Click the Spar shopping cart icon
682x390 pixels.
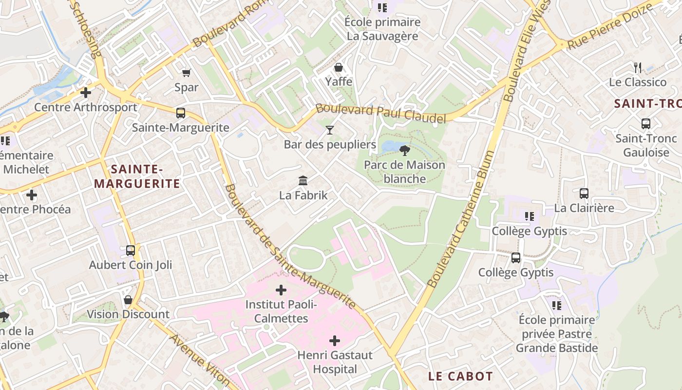point(186,73)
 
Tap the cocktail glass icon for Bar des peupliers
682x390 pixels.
point(330,130)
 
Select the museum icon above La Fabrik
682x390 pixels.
point(303,181)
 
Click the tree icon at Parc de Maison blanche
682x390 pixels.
point(404,150)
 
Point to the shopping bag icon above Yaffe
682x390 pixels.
point(339,67)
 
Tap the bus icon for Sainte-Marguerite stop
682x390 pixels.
point(181,113)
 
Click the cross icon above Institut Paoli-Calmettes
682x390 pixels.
point(281,290)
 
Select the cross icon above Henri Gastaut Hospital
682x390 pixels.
point(335,340)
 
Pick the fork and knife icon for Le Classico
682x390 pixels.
point(637,67)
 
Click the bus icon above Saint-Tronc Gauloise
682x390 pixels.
point(646,124)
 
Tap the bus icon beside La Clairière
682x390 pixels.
point(584,194)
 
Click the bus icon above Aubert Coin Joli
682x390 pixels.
point(131,251)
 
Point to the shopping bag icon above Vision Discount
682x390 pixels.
point(128,299)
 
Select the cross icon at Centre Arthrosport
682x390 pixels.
point(86,92)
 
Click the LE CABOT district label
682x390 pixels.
point(460,376)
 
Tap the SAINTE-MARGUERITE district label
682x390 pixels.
point(137,176)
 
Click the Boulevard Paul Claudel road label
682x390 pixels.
point(381,113)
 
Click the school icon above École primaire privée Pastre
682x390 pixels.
point(557,306)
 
